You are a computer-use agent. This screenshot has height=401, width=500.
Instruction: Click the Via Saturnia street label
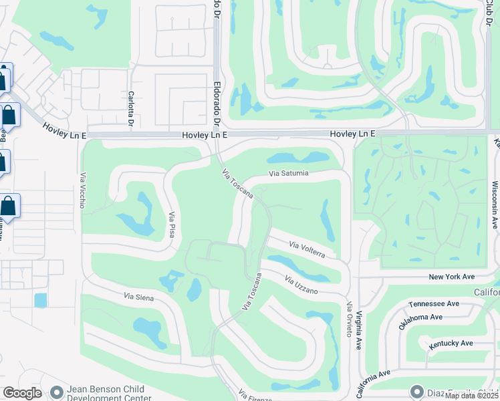[x=289, y=174]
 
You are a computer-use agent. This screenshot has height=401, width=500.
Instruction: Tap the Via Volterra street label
[x=307, y=250]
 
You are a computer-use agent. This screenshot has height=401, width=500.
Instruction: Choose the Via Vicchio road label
[x=83, y=190]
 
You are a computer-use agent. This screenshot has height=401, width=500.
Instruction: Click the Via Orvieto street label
[x=348, y=319]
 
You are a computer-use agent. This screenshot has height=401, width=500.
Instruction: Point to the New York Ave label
[x=451, y=277]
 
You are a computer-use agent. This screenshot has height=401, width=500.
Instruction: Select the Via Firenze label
[x=255, y=396]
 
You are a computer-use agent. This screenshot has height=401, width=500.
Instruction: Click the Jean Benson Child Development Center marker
[x=56, y=391]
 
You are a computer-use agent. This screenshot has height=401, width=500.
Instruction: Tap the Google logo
[x=22, y=393]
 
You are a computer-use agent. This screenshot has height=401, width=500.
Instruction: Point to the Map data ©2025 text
[x=471, y=396]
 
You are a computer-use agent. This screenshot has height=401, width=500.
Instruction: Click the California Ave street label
[x=375, y=383]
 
